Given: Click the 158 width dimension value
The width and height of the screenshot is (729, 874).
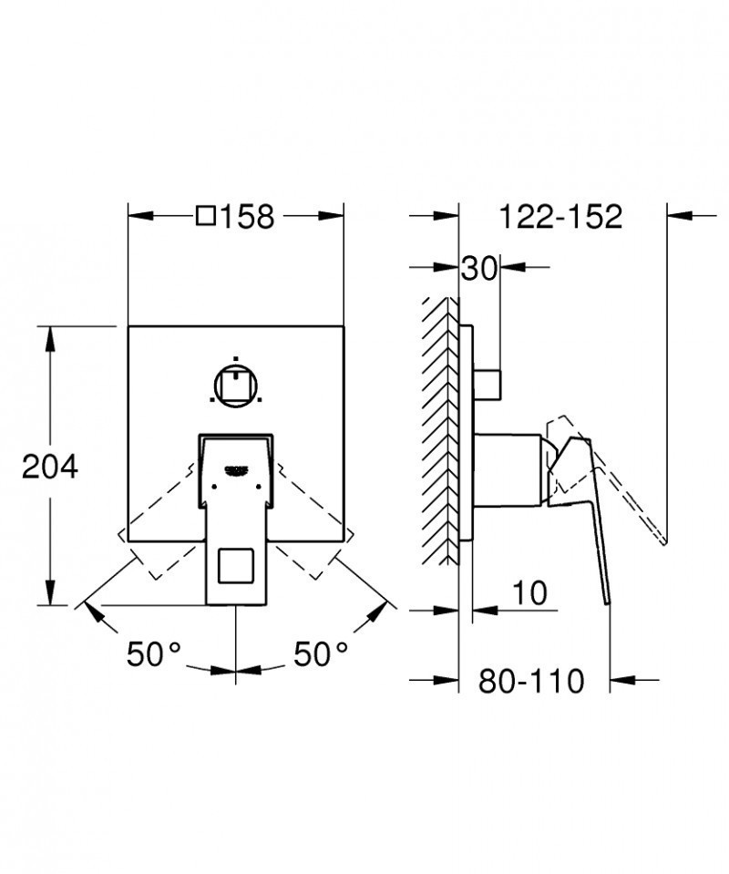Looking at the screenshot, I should [x=248, y=217].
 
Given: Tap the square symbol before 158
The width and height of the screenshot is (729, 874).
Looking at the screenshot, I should [x=206, y=217].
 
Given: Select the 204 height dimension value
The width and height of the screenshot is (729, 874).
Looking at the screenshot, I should [x=50, y=467].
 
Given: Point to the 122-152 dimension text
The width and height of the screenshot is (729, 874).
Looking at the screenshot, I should [x=560, y=217].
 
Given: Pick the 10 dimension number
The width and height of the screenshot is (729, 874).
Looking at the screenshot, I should [x=529, y=593].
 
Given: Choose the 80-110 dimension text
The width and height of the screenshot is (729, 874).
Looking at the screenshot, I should [x=532, y=680].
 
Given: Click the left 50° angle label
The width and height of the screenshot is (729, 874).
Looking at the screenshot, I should [x=154, y=653].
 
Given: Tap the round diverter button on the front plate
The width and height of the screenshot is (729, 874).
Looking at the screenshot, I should [x=236, y=385].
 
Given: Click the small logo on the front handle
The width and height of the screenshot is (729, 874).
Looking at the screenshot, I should [x=236, y=470].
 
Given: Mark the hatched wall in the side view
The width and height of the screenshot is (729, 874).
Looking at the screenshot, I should [x=440, y=428].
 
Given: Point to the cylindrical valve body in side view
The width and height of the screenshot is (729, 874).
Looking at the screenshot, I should [x=510, y=468].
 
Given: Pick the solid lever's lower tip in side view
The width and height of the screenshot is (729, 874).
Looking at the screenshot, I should [x=605, y=597].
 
